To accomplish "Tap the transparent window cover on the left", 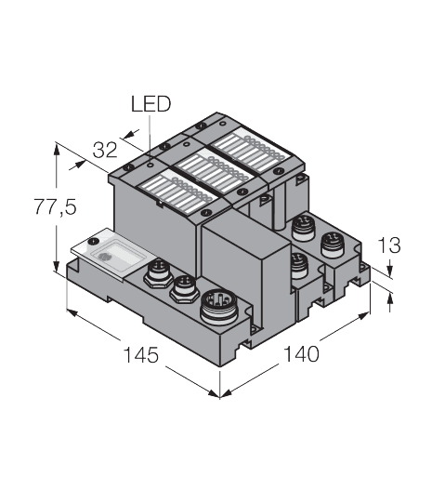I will coord(109,253).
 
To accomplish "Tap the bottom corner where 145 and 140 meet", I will coord(220,393).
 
